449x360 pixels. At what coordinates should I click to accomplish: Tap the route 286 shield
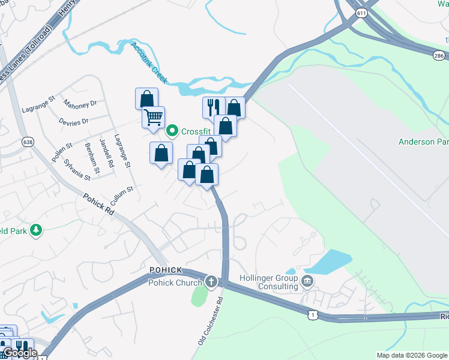click(x=439, y=55)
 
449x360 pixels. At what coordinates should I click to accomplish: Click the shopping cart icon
click(x=154, y=116)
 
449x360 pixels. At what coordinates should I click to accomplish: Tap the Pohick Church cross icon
click(x=211, y=281)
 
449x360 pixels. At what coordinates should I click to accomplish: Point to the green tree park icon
click(x=36, y=230)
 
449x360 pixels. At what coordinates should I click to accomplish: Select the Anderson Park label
click(x=424, y=142)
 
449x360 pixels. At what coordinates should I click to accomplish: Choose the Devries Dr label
click(x=74, y=121)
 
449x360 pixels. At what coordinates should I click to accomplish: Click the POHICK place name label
click(x=166, y=270)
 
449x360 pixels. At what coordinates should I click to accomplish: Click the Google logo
click(x=20, y=353)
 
